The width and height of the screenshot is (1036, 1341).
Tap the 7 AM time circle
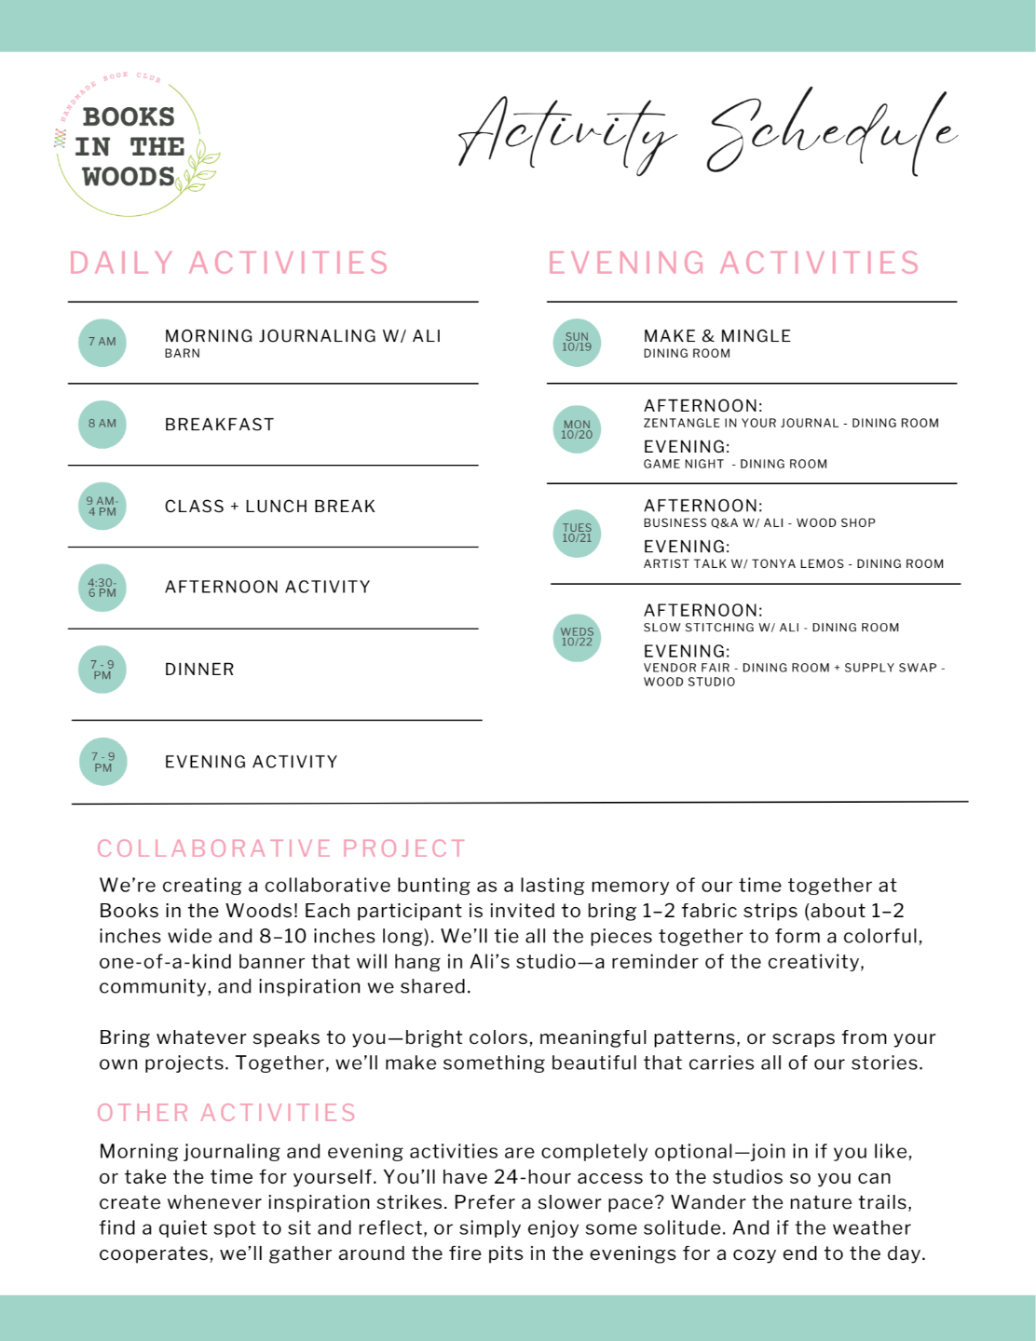102,342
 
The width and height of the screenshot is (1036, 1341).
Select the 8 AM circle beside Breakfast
102,424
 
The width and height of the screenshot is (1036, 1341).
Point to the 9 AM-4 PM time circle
102,506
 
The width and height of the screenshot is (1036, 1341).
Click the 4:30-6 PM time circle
102,588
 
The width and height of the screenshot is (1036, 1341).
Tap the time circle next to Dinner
102,670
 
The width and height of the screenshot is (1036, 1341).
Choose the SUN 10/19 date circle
577,343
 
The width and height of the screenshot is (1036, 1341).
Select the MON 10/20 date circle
577,429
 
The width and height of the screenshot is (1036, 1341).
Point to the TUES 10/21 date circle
577,533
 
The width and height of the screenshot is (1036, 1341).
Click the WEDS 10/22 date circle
577,637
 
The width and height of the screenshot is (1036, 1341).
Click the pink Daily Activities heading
229,264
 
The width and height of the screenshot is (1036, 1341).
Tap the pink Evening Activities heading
733,264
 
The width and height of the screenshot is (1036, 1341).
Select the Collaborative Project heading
281,848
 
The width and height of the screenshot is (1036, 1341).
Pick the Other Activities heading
226,1113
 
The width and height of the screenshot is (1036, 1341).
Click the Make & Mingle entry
716,336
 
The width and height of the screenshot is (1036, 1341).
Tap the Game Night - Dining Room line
735,464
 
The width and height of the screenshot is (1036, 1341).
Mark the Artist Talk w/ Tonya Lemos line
793,563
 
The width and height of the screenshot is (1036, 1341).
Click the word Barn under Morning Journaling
183,354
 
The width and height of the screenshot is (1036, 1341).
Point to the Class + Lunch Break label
270,507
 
